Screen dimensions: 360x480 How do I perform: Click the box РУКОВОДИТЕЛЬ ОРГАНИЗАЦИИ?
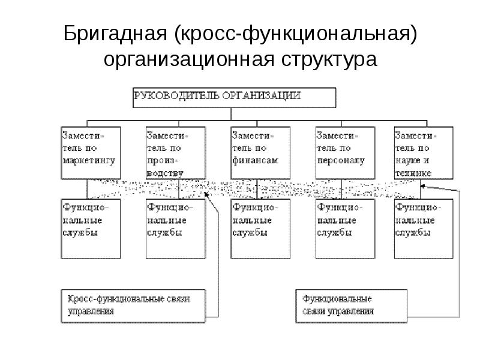tap(234, 97)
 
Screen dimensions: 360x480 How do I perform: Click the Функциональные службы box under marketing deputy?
tap(91, 229)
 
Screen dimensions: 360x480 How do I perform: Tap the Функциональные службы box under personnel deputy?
tap(345, 229)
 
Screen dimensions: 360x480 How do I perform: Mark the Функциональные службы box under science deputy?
tap(423, 229)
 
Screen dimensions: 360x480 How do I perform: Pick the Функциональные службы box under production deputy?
tap(175, 229)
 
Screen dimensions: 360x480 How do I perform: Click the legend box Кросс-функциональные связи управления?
tap(134, 306)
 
